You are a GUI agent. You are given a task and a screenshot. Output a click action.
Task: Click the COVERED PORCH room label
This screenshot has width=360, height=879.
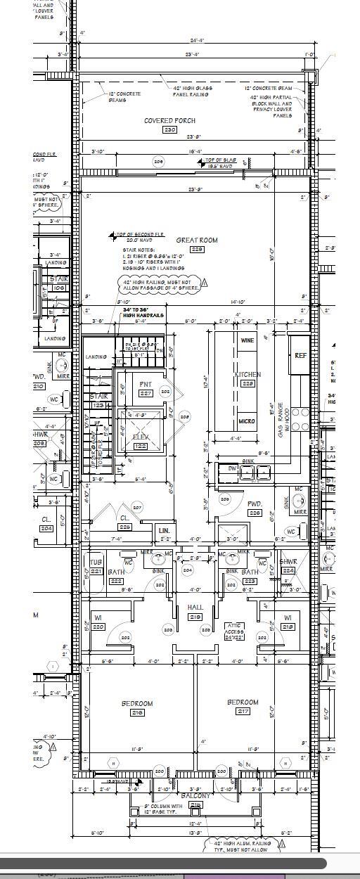point(169,121)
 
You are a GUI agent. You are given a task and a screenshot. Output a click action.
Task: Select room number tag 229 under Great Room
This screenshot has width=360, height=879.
point(197,250)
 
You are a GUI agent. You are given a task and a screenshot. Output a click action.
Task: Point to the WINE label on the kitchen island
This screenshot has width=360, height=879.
point(247,340)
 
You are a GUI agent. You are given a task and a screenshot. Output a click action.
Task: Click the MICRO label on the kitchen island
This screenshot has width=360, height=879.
point(246,421)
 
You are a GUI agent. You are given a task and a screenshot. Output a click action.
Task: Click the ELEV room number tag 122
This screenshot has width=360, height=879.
point(141,447)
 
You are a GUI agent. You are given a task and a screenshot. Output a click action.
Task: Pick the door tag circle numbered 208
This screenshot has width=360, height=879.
point(185,417)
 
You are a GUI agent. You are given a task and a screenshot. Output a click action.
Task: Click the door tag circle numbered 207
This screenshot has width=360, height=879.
point(137,507)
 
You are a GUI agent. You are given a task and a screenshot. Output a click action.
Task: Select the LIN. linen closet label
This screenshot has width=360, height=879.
point(164,530)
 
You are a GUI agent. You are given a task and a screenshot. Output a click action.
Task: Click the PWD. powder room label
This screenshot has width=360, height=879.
point(254,504)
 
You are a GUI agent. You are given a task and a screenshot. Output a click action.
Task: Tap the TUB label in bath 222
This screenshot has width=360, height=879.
point(96,563)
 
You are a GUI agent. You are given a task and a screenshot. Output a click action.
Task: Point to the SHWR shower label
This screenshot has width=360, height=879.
point(288,562)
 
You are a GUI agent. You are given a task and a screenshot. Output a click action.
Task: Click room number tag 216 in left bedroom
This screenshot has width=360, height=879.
point(137,713)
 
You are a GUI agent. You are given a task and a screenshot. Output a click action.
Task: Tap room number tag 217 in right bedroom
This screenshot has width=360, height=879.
point(243,711)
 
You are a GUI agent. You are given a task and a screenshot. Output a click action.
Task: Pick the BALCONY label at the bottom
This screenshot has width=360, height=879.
point(195,796)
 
